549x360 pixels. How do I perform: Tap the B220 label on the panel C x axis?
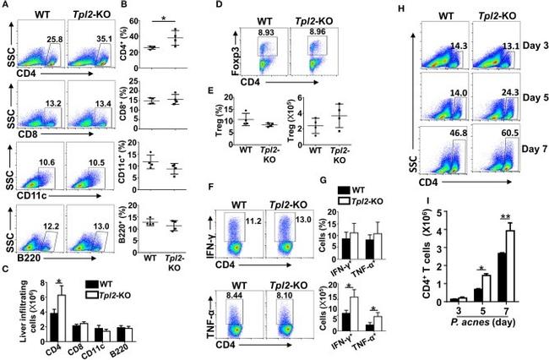coord(101,345)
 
